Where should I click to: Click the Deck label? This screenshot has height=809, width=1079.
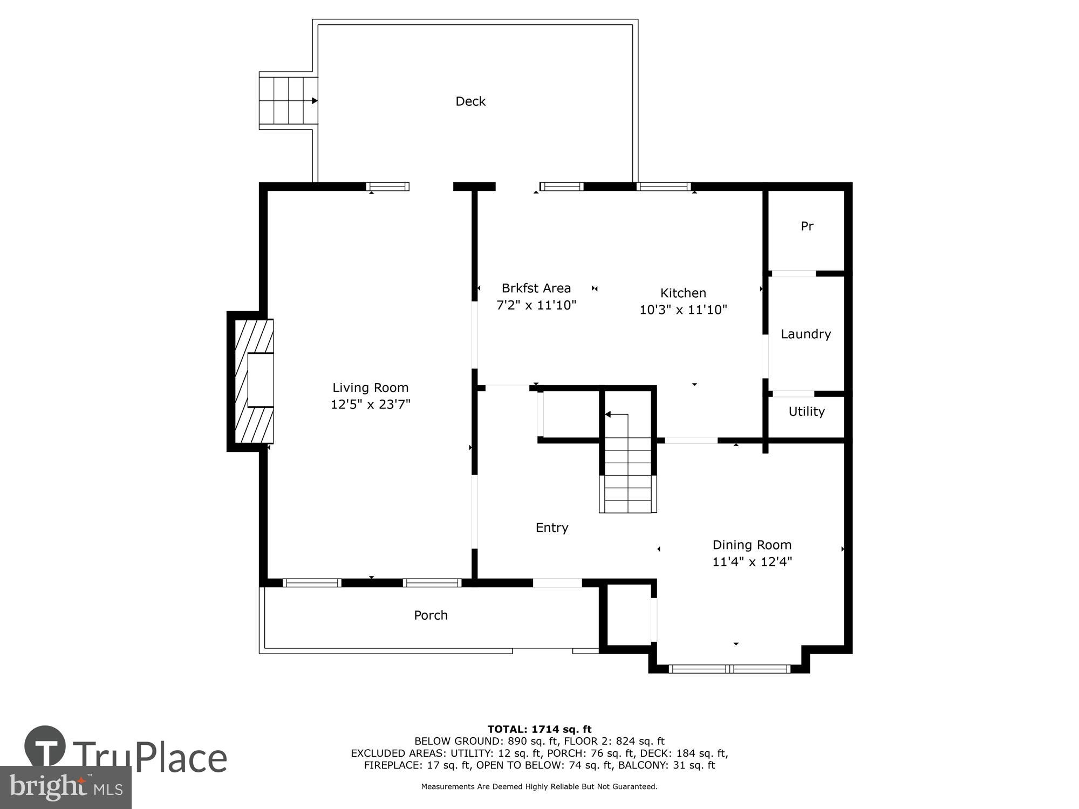[x=470, y=101]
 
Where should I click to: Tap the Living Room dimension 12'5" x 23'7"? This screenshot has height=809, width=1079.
[x=370, y=404]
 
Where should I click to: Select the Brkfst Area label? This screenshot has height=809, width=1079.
[x=536, y=288]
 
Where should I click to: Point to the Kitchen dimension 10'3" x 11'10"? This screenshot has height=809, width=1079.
[x=683, y=310]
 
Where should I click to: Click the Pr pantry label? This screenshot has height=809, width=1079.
[x=807, y=227]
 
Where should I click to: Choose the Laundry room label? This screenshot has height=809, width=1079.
[x=805, y=334]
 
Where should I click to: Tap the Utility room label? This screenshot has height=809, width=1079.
[x=806, y=412]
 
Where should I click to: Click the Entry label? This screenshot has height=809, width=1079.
[x=551, y=527]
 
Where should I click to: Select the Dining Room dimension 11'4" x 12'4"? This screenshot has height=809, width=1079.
[x=752, y=562]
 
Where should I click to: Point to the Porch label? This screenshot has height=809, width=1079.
[x=431, y=615]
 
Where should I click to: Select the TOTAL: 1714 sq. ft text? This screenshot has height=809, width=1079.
[x=539, y=730]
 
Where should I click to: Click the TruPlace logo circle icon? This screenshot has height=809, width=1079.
[x=45, y=746]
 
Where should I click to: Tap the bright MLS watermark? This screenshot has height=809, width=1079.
[x=65, y=787]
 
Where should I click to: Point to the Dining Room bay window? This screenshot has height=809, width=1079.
[x=729, y=669]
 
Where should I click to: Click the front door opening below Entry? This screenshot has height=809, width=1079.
[x=557, y=583]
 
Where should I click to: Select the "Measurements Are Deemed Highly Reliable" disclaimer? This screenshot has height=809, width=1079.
[x=539, y=787]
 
